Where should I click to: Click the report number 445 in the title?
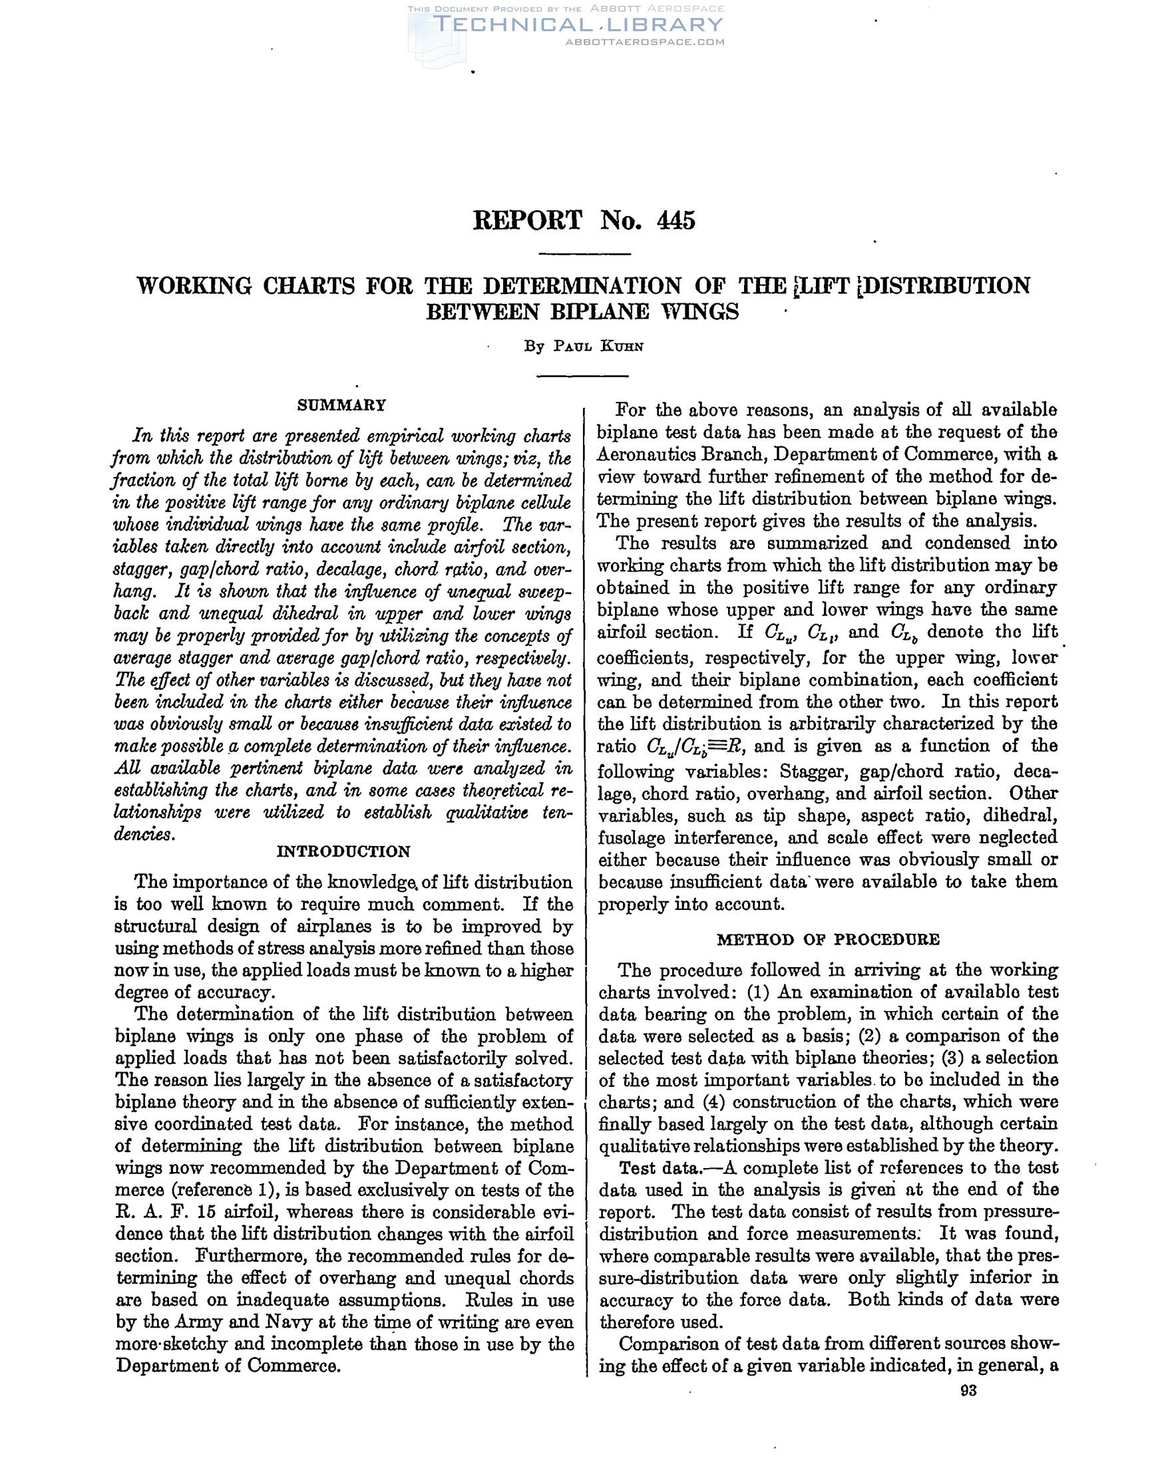[676, 221]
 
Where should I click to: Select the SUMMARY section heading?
[342, 405]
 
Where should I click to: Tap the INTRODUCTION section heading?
[344, 851]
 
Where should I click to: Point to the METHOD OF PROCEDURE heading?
[828, 939]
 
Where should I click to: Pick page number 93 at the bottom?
[968, 1391]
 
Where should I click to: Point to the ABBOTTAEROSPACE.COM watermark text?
[644, 42]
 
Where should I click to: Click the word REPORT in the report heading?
[527, 221]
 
